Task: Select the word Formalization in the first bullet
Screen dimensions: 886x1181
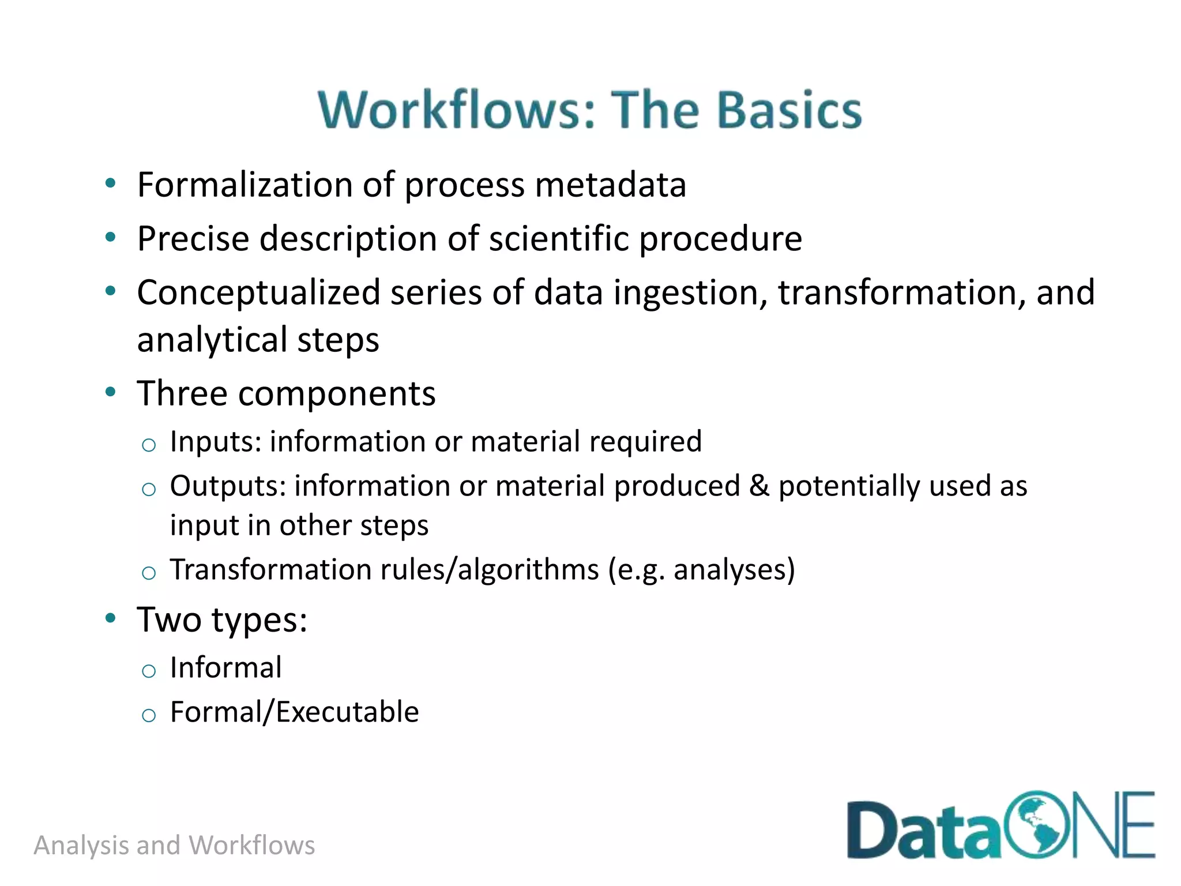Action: pos(245,185)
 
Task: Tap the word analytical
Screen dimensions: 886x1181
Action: pos(211,339)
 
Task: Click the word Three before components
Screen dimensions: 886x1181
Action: pos(182,393)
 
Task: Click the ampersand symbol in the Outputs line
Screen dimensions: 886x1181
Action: pos(759,486)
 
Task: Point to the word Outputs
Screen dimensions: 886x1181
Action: pos(228,486)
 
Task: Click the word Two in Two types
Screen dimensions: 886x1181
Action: pos(169,620)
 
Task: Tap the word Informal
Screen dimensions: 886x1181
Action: pos(225,668)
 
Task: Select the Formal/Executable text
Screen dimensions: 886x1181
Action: pos(294,712)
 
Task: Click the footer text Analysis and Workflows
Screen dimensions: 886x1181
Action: pos(174,846)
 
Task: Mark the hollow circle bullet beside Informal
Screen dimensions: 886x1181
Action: pos(149,671)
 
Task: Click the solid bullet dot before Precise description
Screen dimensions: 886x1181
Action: pos(111,237)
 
